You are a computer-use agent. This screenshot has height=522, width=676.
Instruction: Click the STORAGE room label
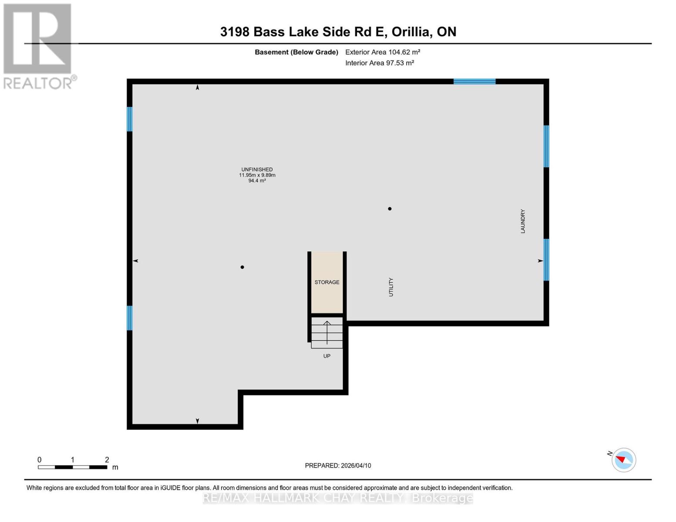click(x=327, y=282)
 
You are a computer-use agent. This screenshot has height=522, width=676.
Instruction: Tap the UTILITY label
click(x=391, y=287)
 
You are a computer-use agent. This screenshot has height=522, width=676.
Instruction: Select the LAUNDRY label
click(x=523, y=221)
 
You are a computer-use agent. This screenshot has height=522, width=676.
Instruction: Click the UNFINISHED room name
click(x=257, y=170)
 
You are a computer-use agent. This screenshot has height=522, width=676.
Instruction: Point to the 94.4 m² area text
click(x=257, y=181)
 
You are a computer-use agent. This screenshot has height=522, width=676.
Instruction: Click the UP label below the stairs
click(x=327, y=356)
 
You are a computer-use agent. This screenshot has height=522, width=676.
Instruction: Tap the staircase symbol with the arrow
click(x=327, y=333)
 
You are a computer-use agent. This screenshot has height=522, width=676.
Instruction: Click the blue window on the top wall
click(x=474, y=81)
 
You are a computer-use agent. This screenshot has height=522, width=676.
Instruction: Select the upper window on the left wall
click(x=129, y=119)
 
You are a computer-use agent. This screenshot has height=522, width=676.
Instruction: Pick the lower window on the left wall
click(x=129, y=318)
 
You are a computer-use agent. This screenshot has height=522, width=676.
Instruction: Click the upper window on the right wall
click(x=546, y=146)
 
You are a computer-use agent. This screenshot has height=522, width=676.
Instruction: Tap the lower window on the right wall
click(x=546, y=260)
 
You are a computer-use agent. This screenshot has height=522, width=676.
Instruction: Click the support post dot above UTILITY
click(x=390, y=209)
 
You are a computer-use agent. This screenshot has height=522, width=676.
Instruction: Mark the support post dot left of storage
click(x=242, y=267)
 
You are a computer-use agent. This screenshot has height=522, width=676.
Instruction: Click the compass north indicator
click(x=623, y=460)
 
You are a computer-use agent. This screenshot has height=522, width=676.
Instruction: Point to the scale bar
click(x=72, y=467)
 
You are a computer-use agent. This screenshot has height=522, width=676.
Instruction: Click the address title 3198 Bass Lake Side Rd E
click(x=338, y=32)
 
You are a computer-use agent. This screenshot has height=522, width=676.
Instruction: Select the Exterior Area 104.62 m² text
click(x=383, y=52)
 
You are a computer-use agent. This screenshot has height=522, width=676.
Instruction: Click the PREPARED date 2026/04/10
click(x=338, y=465)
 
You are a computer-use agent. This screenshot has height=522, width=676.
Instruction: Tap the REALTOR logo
click(x=38, y=46)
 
